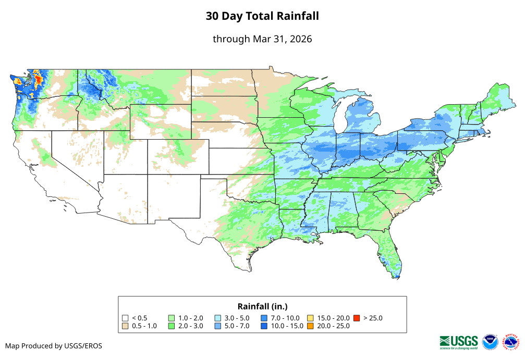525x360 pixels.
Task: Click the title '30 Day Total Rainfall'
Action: tap(262, 16)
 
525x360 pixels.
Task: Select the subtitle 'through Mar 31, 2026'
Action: tap(262, 39)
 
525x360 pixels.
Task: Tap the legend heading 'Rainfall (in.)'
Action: tap(262, 306)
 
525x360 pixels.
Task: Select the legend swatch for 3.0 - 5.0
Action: tap(218, 318)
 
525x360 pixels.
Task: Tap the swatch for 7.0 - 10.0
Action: tap(265, 318)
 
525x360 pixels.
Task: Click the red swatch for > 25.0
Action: tap(357, 318)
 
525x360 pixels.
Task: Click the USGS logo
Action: tap(459, 342)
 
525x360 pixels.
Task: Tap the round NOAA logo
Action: tap(490, 342)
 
